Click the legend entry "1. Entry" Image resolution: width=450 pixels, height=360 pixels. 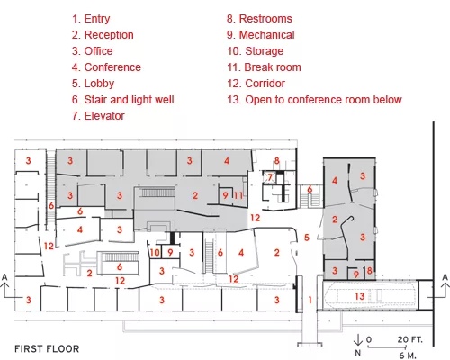pyautogui.click(x=91, y=19)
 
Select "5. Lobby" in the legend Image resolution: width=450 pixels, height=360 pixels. pyautogui.click(x=93, y=84)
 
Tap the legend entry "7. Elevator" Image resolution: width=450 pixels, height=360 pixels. pyautogui.click(x=98, y=116)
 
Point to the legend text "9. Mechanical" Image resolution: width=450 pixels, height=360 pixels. pyautogui.click(x=261, y=35)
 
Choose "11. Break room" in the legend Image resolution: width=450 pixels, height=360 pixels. pyautogui.click(x=264, y=67)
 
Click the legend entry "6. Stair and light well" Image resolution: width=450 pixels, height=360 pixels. pyautogui.click(x=122, y=100)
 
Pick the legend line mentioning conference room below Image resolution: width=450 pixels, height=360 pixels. pyautogui.click(x=314, y=100)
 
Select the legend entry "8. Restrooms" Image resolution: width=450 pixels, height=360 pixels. pyautogui.click(x=259, y=19)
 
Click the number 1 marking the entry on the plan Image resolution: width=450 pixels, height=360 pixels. pyautogui.click(x=310, y=300)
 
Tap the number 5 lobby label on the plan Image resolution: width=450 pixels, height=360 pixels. pyautogui.click(x=307, y=238)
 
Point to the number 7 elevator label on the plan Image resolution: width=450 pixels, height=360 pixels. pyautogui.click(x=270, y=177)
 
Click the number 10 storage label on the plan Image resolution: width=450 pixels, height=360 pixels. pyautogui.click(x=155, y=252)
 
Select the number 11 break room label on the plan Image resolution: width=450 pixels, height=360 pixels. pyautogui.click(x=238, y=195)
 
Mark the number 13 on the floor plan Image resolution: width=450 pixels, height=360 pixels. pyautogui.click(x=360, y=296)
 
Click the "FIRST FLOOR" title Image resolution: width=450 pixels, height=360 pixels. pyautogui.click(x=47, y=349)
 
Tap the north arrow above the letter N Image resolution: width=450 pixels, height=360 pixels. pyautogui.click(x=358, y=340)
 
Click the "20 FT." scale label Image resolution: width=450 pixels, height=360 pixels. pyautogui.click(x=410, y=339)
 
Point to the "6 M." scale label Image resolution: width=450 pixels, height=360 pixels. pyautogui.click(x=408, y=355)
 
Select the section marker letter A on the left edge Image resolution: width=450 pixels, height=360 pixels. pyautogui.click(x=4, y=277)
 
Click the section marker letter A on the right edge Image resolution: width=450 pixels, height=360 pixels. pyautogui.click(x=445, y=277)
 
